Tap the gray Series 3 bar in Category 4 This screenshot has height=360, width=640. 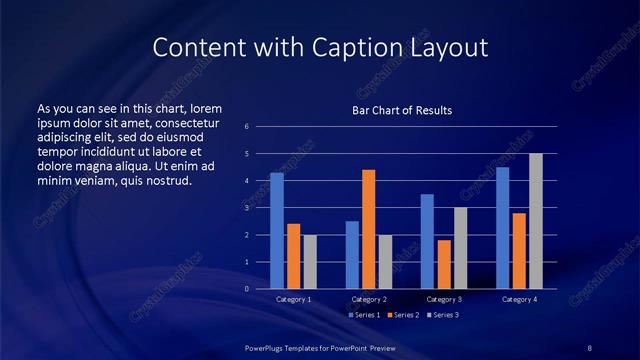(x=536, y=221)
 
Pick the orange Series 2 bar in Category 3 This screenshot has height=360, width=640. (x=444, y=264)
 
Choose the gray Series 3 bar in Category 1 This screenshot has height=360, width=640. (x=310, y=262)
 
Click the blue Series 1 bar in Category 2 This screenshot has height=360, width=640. (x=352, y=255)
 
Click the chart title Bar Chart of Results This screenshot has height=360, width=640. (x=403, y=109)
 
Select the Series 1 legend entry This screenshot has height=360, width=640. (x=364, y=315)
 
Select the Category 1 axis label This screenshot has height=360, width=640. (x=294, y=299)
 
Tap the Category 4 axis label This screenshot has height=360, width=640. (x=519, y=299)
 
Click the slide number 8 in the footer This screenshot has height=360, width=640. (x=589, y=346)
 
